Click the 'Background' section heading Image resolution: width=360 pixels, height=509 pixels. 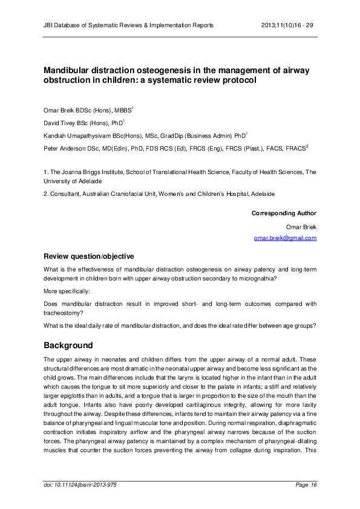point(68,345)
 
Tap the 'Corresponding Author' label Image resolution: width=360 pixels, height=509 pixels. point(284,213)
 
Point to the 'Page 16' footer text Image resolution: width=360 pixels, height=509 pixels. point(304,485)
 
